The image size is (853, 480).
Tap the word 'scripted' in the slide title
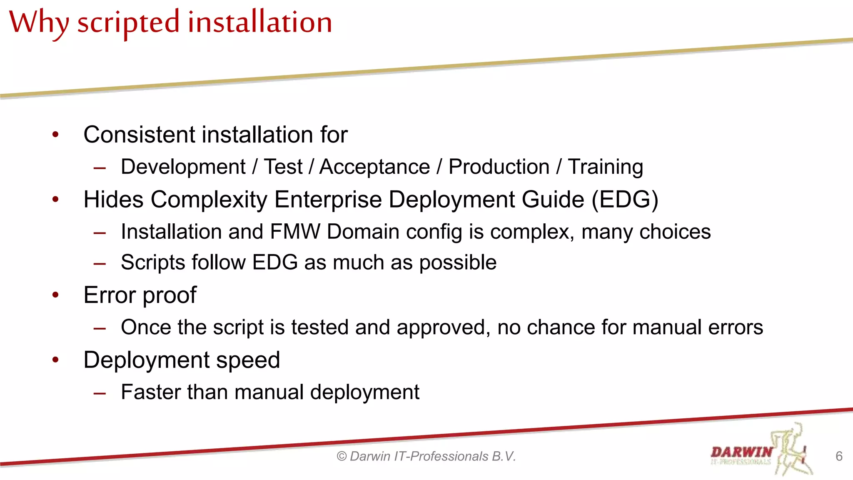click(x=128, y=22)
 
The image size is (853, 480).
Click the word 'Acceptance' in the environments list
click(x=374, y=167)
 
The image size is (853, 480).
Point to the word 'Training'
click(x=606, y=167)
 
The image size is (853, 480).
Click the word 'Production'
click(x=499, y=167)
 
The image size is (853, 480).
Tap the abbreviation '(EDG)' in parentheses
click(x=625, y=200)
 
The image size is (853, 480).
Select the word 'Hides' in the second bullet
click(x=113, y=200)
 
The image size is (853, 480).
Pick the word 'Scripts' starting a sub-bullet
click(x=152, y=262)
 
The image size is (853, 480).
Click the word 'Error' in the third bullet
click(x=110, y=295)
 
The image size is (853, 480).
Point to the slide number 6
click(x=839, y=456)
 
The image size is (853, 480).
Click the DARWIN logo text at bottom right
click(x=741, y=452)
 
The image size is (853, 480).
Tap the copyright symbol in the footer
click(x=342, y=457)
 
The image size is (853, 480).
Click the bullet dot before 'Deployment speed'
click(x=55, y=360)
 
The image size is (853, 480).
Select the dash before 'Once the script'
click(x=100, y=329)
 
